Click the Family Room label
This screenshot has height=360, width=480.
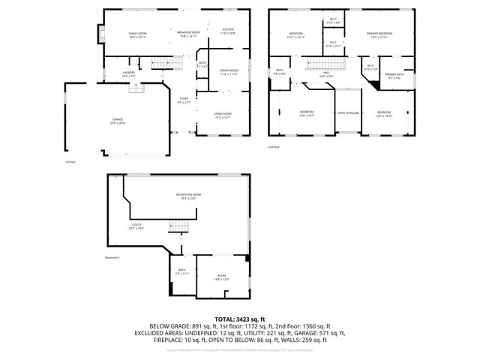coord(136,34)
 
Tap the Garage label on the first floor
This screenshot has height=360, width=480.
coord(118,120)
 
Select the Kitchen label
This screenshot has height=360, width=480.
coord(228,31)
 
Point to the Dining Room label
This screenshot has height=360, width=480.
coord(229,72)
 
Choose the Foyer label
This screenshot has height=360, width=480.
coord(184,100)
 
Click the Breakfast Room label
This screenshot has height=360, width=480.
coord(188,34)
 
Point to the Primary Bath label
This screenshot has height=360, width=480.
coord(394,76)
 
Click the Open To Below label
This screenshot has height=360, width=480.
coord(348,112)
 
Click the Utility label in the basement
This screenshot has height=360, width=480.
coord(136,225)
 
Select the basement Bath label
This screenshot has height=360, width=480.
coord(181,271)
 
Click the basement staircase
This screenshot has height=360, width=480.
coord(178,225)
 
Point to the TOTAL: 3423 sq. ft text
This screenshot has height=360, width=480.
coord(240,319)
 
